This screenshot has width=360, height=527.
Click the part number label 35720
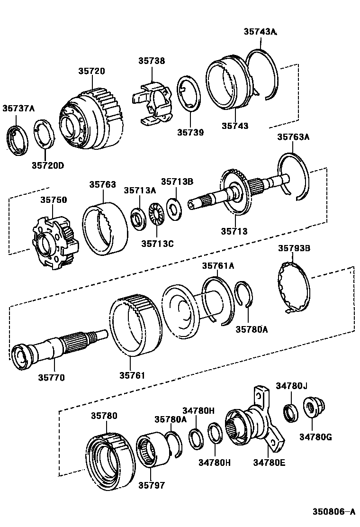pos(92,71)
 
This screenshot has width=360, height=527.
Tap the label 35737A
pos(18,108)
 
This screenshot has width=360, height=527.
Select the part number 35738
pos(152,61)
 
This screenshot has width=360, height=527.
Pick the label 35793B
pos(294,248)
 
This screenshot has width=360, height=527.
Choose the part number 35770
pos(52,378)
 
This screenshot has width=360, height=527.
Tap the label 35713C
pos(157,244)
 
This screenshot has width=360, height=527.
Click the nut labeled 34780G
pos(312,408)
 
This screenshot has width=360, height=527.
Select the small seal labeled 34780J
pos(290,412)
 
